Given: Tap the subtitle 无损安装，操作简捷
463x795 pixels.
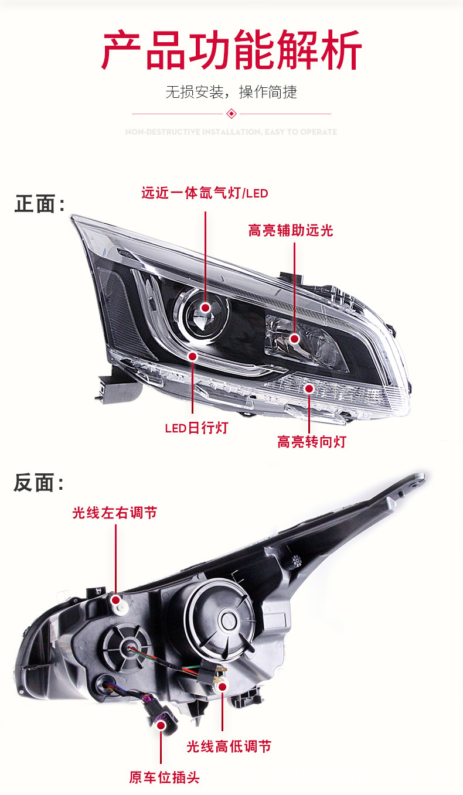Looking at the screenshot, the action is (231, 92).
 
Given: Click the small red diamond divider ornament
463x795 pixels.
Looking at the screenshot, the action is (231, 113).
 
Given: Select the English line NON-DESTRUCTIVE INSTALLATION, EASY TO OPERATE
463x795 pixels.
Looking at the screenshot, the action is (231, 132).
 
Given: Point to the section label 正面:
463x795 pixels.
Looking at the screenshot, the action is (39, 204).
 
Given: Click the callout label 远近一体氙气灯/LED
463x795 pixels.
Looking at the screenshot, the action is (205, 193).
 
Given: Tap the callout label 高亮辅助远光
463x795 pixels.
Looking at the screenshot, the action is (291, 230).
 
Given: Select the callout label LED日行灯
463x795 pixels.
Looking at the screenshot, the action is (196, 428).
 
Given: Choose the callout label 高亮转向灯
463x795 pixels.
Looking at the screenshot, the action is (312, 442).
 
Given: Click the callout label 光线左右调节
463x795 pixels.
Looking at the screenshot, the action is (115, 513).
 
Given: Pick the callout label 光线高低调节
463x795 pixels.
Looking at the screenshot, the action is (229, 746).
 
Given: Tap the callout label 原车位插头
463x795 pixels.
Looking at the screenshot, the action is (165, 777).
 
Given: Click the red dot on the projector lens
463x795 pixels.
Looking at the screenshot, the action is (206, 308).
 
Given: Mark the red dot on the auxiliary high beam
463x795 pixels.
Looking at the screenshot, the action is (295, 338).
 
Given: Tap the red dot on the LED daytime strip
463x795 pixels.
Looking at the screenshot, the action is (193, 356).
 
